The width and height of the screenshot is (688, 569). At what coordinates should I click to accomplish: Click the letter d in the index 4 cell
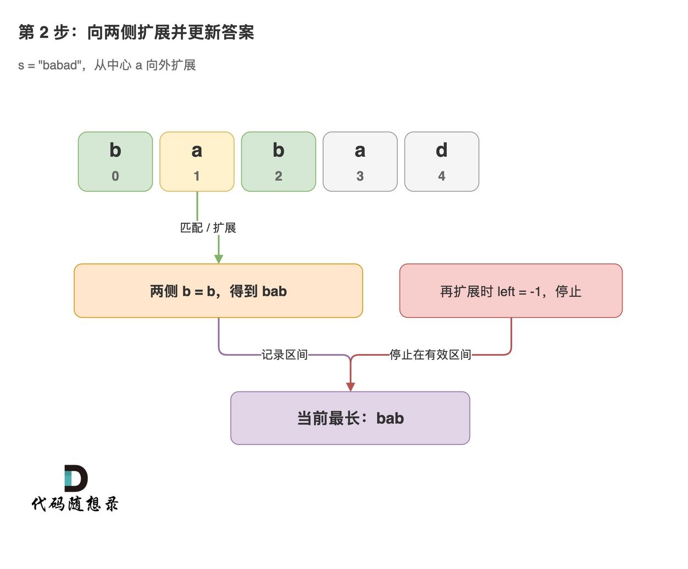pos(441,150)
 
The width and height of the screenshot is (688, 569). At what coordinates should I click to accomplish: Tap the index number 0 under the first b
pos(115,176)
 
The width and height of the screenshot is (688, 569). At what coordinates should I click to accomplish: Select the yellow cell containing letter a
pos(197,162)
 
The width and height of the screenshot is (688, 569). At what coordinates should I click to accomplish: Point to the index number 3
pos(360,176)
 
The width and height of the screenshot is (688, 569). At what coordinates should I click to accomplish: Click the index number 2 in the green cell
pos(279,176)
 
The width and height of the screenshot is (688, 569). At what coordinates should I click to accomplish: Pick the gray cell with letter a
pos(360,162)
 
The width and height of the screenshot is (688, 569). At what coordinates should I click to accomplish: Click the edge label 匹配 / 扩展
pos(208,228)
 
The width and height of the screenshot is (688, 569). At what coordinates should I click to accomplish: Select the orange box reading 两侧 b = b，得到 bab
pos(218,290)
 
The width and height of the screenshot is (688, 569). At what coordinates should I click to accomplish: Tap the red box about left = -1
pos(511,290)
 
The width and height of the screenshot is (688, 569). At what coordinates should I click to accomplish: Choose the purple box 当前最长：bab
pos(350,418)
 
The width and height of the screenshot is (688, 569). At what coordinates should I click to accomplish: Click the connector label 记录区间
pos(285,355)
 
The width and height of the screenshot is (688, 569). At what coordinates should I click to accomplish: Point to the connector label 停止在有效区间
pos(430,355)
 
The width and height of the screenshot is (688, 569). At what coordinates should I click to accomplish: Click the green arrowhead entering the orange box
pos(219,259)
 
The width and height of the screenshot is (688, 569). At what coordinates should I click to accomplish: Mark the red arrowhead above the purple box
pos(350,387)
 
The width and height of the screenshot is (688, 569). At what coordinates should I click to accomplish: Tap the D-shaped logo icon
pos(76,478)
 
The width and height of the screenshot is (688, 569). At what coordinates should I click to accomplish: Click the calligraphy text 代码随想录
pos(75,504)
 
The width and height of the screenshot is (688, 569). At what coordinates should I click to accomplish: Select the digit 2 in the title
pos(44,32)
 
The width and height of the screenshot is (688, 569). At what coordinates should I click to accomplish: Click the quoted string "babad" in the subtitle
pos(60,65)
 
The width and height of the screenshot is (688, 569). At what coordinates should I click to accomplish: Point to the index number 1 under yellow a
pos(197,176)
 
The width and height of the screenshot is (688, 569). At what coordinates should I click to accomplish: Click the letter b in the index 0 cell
pos(115,150)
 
